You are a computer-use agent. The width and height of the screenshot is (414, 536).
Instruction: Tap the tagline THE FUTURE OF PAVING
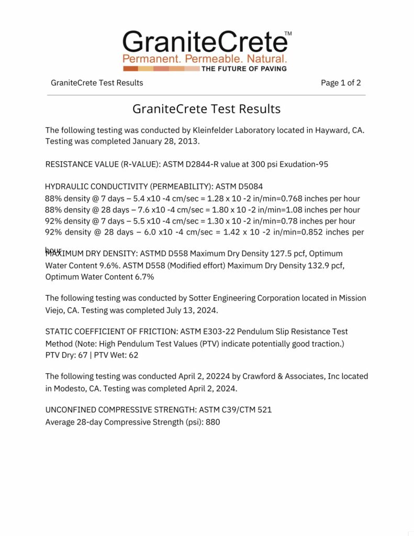[244, 69]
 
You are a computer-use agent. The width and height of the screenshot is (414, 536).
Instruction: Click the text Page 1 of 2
[341, 83]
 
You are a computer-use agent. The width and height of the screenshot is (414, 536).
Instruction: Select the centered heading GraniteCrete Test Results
[206, 109]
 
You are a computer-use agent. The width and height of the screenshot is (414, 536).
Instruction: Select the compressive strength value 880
[213, 422]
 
